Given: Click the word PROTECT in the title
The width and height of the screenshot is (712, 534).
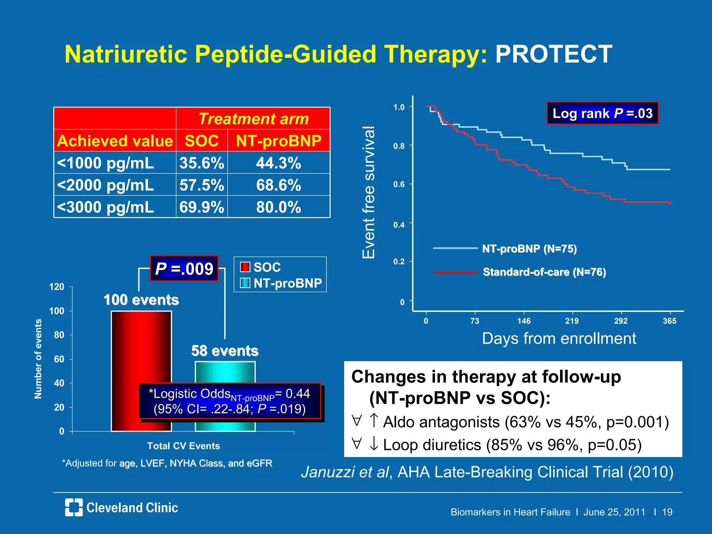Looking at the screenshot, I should (x=553, y=54).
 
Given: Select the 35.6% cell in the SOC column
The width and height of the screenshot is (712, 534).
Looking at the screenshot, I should (x=202, y=163).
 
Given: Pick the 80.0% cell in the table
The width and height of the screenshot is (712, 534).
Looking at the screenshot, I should (x=278, y=207).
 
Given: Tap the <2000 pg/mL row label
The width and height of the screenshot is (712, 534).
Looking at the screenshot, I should (x=105, y=185).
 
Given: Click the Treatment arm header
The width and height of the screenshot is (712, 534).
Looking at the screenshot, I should (x=253, y=119).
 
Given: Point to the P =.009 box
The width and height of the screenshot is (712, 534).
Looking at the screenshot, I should (x=184, y=269).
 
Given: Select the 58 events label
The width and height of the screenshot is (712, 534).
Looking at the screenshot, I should (x=225, y=351).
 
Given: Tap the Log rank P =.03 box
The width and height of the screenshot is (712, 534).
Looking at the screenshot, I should (x=602, y=113).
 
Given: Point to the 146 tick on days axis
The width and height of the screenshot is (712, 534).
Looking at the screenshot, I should (x=524, y=321).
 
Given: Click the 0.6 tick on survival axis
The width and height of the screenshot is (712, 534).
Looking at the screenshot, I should (x=399, y=185).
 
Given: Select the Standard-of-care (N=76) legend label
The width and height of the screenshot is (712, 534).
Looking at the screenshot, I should (x=544, y=272).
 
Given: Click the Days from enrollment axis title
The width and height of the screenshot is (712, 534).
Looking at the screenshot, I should (x=559, y=338).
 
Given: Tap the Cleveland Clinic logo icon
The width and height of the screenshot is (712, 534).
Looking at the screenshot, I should (x=74, y=507).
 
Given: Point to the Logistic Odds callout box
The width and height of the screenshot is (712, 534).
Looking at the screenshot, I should (x=229, y=401).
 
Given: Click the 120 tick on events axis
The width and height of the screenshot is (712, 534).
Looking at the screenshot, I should (x=57, y=287).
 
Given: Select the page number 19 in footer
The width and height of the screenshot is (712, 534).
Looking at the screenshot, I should (x=667, y=512).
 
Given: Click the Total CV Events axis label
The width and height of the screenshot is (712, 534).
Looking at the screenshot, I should (x=183, y=446).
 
